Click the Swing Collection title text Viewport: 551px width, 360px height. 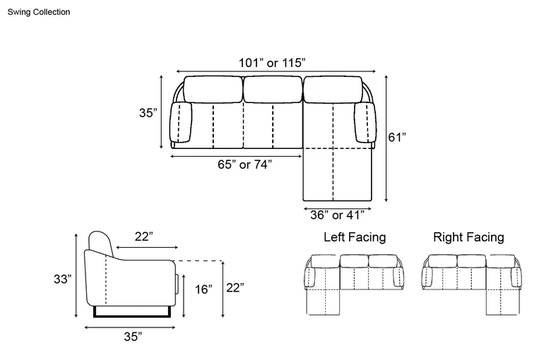pos(39,12)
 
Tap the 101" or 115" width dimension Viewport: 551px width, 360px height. pos(273,63)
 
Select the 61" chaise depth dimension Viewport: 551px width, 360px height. pos(397,137)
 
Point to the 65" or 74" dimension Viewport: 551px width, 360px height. pos(244,164)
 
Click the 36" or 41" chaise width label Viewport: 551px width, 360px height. pos(338,215)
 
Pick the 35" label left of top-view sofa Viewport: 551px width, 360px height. pos(148,113)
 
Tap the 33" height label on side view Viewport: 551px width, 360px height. pos(63,279)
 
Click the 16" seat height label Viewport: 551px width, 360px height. pos(204,289)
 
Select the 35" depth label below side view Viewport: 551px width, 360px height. pos(133,337)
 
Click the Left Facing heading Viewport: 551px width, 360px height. pos(355,237)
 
